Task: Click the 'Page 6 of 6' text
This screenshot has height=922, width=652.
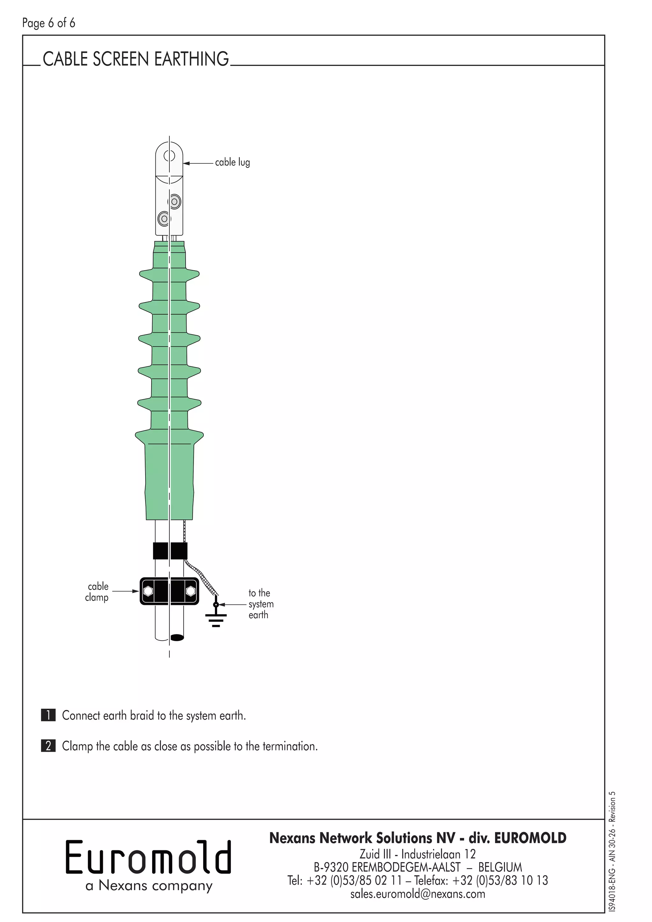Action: tap(49, 23)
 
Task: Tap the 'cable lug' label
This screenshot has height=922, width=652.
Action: tap(232, 162)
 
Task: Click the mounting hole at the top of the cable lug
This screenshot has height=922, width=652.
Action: tap(169, 155)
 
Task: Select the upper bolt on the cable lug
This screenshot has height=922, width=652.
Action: tap(175, 202)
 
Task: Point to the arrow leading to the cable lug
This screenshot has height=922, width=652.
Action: tap(198, 163)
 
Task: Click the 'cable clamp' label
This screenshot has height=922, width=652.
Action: tap(97, 592)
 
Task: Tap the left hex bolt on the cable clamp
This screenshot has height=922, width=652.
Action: tap(148, 591)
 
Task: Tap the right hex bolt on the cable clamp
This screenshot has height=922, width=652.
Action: tap(191, 591)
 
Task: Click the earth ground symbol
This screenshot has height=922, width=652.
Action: tap(216, 620)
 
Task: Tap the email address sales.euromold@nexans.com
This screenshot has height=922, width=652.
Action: tap(418, 894)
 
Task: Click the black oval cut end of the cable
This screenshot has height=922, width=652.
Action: tap(177, 637)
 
